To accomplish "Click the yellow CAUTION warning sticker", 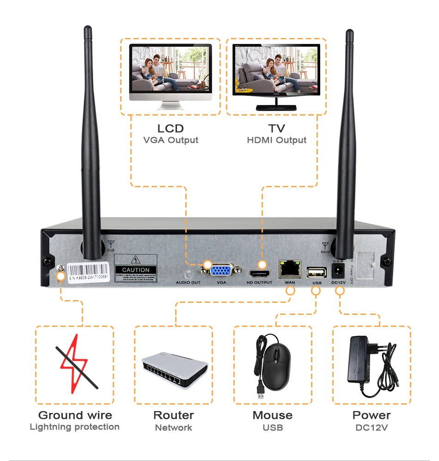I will [135, 269].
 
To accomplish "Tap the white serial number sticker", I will [88, 273].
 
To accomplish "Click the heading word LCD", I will [171, 129].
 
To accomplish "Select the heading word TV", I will [276, 129].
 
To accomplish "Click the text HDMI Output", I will [276, 140].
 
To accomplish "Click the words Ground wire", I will [75, 415].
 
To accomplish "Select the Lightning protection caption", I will [74, 427].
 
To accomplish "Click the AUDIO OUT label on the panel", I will [188, 282].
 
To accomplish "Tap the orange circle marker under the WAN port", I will [291, 291].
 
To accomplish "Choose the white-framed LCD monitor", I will [171, 72].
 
